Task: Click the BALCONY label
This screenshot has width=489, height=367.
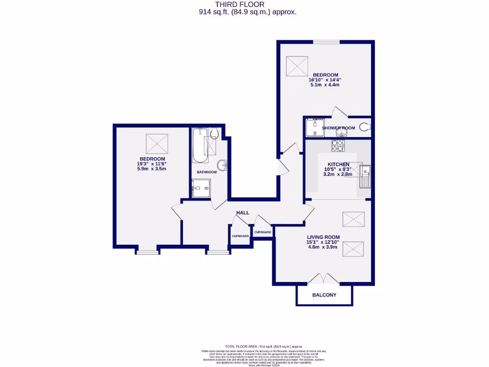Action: pyautogui.click(x=324, y=295)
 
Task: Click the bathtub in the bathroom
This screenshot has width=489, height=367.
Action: pyautogui.click(x=198, y=145)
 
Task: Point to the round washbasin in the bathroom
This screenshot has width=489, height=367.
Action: pyautogui.click(x=223, y=165)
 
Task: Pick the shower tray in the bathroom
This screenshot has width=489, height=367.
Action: pyautogui.click(x=200, y=188)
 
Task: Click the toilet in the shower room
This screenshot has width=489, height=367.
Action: pyautogui.click(x=365, y=128)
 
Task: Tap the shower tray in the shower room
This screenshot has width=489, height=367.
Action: pyautogui.click(x=314, y=127)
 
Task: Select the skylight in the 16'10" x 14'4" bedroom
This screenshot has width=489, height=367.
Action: pyautogui.click(x=298, y=65)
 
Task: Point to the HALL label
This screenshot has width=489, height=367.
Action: pyautogui.click(x=243, y=213)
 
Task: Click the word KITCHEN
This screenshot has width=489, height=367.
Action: pyautogui.click(x=338, y=164)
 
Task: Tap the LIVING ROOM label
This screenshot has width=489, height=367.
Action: pyautogui.click(x=323, y=237)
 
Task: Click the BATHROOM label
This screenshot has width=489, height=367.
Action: pyautogui.click(x=207, y=172)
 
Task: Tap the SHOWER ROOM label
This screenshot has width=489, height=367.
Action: pyautogui.click(x=338, y=128)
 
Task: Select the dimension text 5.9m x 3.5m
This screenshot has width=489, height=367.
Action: pyautogui.click(x=152, y=169)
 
